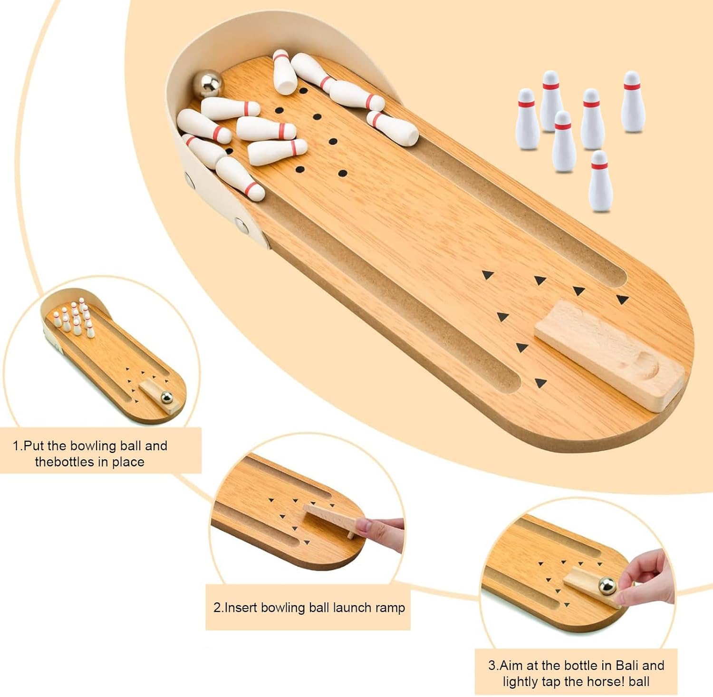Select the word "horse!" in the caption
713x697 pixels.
pyautogui.click(x=602, y=681)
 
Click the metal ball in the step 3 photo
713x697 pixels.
pyautogui.click(x=607, y=586)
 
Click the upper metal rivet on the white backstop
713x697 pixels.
pyautogui.click(x=189, y=180)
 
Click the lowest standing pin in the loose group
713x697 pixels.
pyautogui.click(x=600, y=181)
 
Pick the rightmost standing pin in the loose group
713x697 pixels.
pyautogui.click(x=632, y=102)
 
